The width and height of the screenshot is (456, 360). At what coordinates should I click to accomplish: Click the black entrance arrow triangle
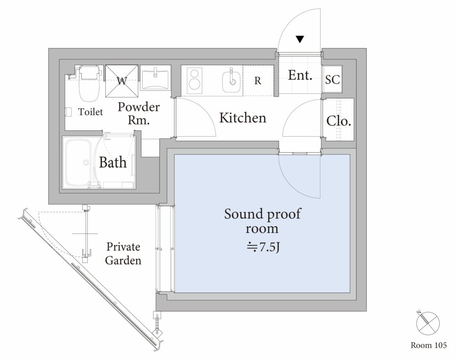pyautogui.click(x=300, y=39)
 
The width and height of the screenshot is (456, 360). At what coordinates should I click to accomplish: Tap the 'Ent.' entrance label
pyautogui.click(x=300, y=75)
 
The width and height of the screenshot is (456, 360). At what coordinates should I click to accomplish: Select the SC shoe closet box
pyautogui.click(x=332, y=79)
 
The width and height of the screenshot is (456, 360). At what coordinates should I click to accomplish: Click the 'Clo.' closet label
pyautogui.click(x=338, y=121)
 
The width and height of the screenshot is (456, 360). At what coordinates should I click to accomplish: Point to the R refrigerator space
pyautogui.click(x=258, y=81)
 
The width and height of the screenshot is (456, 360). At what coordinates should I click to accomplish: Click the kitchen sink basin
pyautogui.click(x=232, y=82)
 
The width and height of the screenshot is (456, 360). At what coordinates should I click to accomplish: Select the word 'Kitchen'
pyautogui.click(x=243, y=118)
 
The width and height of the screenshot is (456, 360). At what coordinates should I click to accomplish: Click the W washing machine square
pyautogui.click(x=122, y=81)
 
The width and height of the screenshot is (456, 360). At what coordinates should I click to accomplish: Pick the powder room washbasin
pyautogui.click(x=155, y=77)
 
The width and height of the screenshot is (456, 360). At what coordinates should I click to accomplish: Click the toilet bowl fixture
pyautogui.click(x=89, y=85)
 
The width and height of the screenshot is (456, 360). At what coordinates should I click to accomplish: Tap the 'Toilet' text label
pyautogui.click(x=90, y=112)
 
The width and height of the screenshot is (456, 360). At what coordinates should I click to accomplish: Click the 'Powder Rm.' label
pyautogui.click(x=139, y=113)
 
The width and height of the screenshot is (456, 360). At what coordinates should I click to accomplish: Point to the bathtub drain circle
pyautogui.click(x=86, y=162)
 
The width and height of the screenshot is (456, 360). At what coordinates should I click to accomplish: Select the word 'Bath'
pyautogui.click(x=113, y=162)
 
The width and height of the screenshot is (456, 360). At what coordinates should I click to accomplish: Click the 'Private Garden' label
pyautogui.click(x=123, y=253)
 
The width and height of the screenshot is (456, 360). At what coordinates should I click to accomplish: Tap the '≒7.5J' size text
pyautogui.click(x=264, y=247)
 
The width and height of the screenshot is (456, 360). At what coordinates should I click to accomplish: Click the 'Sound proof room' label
pyautogui.click(x=263, y=221)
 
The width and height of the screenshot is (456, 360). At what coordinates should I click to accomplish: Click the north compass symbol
pyautogui.click(x=428, y=323)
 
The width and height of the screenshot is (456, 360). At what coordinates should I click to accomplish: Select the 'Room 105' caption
pyautogui.click(x=428, y=345)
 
